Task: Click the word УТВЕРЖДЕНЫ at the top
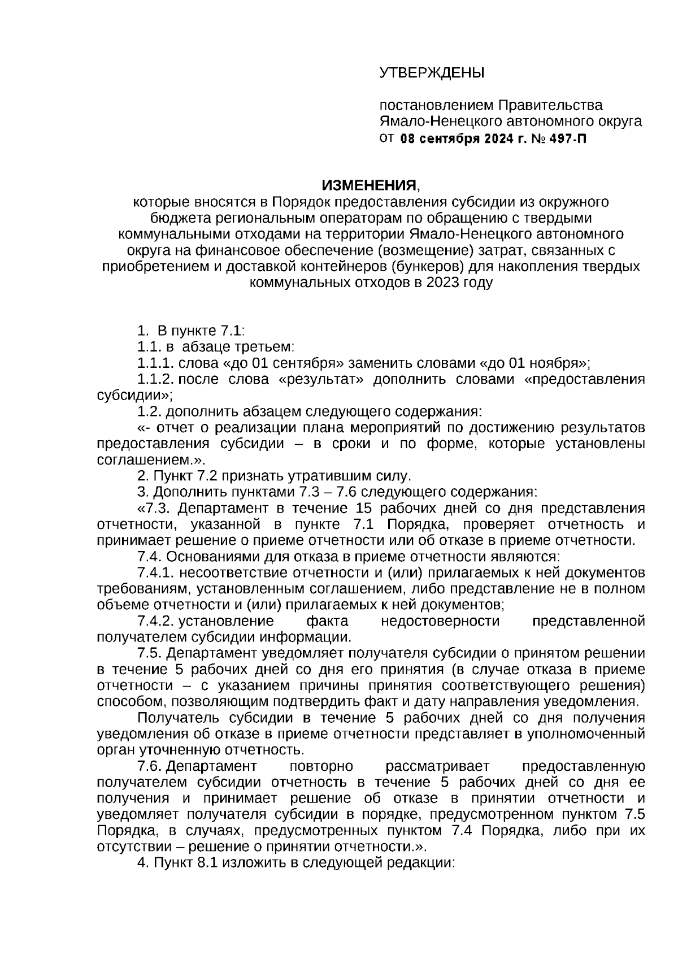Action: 432,73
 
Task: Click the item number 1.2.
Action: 149,411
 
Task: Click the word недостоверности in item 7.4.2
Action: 441,622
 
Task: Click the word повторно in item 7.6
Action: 321,767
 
